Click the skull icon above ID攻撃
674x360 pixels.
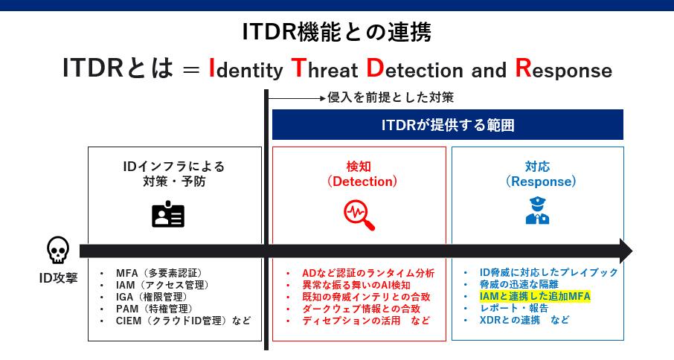(x=57, y=251)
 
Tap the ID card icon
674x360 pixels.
(x=168, y=214)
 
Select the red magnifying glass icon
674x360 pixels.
(x=359, y=214)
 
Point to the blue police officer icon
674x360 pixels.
(x=537, y=210)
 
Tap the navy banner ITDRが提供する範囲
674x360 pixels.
(x=447, y=125)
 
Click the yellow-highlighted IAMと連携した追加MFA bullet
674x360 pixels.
(x=534, y=296)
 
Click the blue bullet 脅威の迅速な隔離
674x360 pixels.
(x=519, y=284)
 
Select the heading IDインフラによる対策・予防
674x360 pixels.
(x=174, y=173)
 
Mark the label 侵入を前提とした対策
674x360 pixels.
(x=391, y=97)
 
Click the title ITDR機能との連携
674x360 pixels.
(x=336, y=32)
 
